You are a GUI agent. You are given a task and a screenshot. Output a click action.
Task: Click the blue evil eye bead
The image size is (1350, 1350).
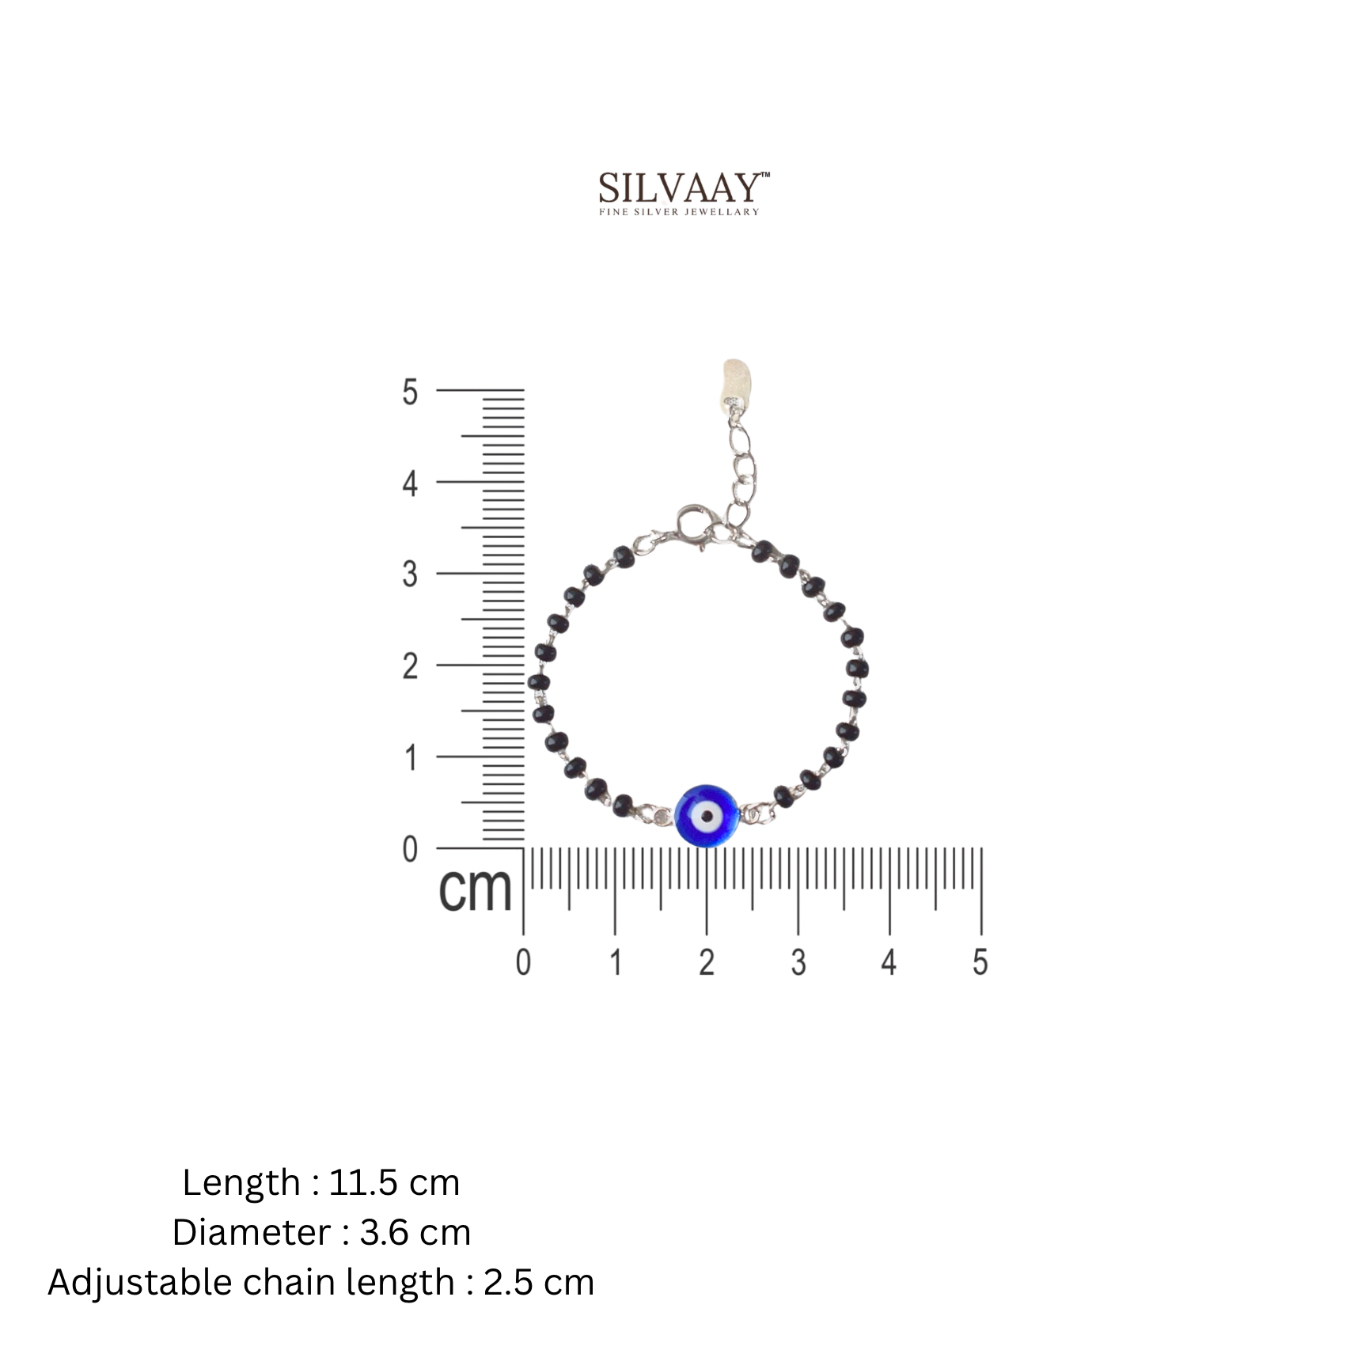click(707, 816)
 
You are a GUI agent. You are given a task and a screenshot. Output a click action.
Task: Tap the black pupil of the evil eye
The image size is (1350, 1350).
click(707, 815)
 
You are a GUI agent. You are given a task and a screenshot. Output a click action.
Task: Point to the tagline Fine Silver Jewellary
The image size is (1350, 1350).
click(679, 212)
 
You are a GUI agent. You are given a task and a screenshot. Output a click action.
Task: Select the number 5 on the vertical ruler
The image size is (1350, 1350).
click(409, 392)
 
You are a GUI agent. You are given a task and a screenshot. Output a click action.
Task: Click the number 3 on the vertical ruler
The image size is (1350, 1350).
click(409, 574)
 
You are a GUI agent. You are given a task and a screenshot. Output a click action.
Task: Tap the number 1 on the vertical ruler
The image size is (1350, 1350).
click(410, 757)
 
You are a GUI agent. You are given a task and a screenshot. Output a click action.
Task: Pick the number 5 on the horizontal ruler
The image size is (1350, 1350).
click(980, 962)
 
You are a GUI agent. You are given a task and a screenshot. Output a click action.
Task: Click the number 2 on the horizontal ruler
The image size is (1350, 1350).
click(707, 962)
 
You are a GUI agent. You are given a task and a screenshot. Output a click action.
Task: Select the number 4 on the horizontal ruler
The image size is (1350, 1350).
click(889, 962)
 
